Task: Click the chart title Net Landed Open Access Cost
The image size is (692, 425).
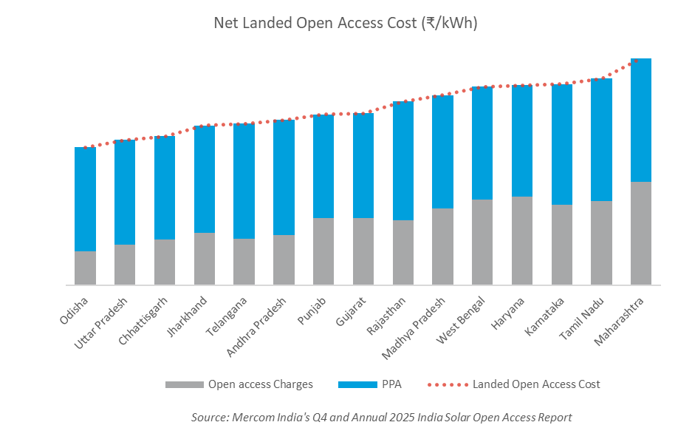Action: (346, 23)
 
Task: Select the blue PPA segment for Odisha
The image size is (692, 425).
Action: (86, 199)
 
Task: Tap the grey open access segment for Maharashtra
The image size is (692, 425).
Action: (640, 233)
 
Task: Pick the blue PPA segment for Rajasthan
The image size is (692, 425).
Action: (403, 160)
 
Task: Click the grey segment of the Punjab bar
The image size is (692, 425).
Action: (323, 251)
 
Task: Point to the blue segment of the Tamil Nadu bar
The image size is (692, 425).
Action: (601, 139)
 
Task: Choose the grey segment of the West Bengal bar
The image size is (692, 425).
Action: (482, 242)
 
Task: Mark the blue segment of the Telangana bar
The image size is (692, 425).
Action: (244, 181)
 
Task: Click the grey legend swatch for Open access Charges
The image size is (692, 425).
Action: (183, 384)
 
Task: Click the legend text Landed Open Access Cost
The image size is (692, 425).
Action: (536, 384)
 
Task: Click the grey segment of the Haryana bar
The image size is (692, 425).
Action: (522, 240)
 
